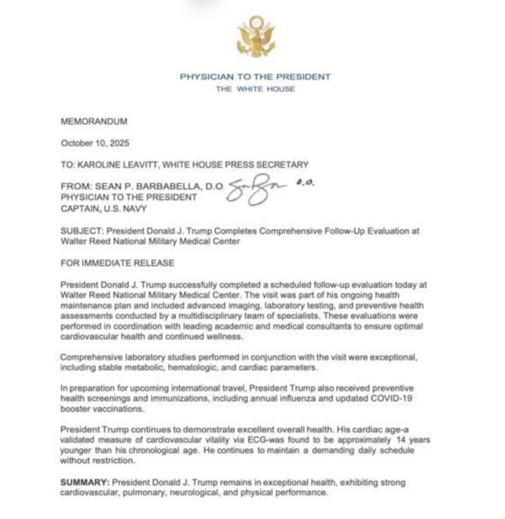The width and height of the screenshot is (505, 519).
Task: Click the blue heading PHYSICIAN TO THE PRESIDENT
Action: [255, 77]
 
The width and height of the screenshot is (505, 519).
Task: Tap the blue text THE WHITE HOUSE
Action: [255, 89]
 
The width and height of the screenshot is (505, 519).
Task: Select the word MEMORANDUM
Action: [95, 121]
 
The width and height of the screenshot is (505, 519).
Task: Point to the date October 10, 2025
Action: [95, 143]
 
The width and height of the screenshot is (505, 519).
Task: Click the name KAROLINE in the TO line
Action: [102, 164]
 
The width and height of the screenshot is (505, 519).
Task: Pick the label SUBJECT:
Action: [80, 231]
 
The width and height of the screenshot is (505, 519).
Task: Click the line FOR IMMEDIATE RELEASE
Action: [118, 263]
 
